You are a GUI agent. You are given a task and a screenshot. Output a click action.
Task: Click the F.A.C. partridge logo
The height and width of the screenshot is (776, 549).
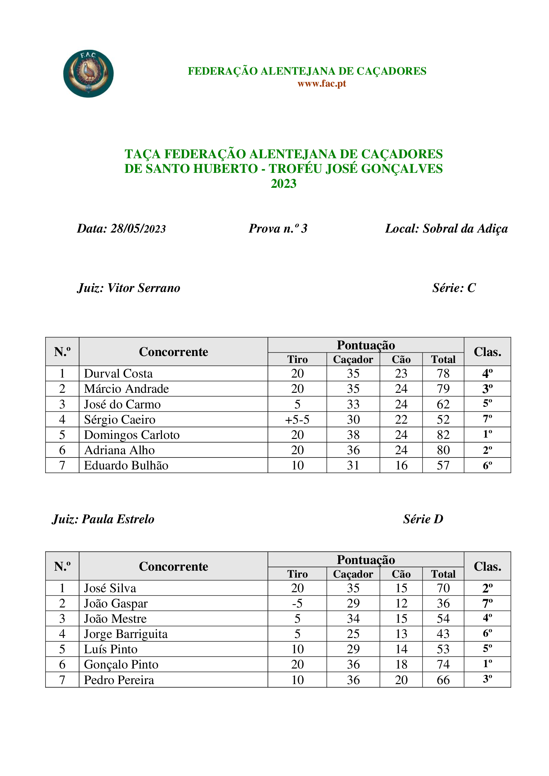tap(88, 74)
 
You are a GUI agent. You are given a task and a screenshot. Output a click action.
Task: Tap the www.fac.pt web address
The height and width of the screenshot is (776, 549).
tap(322, 84)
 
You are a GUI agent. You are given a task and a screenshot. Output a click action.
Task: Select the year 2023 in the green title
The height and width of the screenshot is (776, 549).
tap(283, 183)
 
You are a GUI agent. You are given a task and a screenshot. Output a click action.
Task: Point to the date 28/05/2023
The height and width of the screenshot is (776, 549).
tap(138, 229)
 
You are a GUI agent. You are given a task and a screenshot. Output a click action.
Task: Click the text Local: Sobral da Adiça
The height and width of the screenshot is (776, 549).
tap(446, 229)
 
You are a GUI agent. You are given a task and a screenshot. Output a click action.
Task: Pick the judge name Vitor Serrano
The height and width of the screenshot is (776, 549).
tap(144, 288)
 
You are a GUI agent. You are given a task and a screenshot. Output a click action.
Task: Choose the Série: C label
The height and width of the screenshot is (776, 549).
tap(454, 288)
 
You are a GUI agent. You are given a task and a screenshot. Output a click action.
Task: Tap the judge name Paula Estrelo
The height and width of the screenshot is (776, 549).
tap(118, 519)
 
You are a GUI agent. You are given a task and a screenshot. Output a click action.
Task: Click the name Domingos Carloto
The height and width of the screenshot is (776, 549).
tap(131, 435)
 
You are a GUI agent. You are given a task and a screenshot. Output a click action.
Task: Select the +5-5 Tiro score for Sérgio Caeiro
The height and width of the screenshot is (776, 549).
tap(297, 419)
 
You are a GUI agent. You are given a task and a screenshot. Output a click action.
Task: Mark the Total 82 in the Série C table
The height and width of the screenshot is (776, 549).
tap(443, 435)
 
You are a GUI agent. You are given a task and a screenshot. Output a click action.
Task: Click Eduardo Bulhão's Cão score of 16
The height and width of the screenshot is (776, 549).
tap(401, 465)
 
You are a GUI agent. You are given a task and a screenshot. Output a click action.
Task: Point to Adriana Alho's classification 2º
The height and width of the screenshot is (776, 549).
tap(487, 450)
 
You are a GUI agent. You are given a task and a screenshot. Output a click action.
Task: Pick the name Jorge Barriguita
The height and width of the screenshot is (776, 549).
tap(125, 634)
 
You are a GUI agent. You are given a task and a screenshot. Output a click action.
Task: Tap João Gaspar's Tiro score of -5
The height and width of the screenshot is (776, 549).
tap(297, 603)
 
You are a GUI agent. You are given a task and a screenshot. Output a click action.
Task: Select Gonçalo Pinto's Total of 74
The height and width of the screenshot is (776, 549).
tap(443, 665)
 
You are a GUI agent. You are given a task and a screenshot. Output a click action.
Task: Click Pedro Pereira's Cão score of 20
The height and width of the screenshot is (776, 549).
tap(401, 680)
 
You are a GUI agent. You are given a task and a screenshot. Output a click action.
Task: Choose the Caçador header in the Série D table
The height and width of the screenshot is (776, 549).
tap(353, 574)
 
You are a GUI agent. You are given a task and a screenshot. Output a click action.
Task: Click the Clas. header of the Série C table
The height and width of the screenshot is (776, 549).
tap(487, 352)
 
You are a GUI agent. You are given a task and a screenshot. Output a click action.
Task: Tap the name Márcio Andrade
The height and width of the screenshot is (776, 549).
tap(126, 389)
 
